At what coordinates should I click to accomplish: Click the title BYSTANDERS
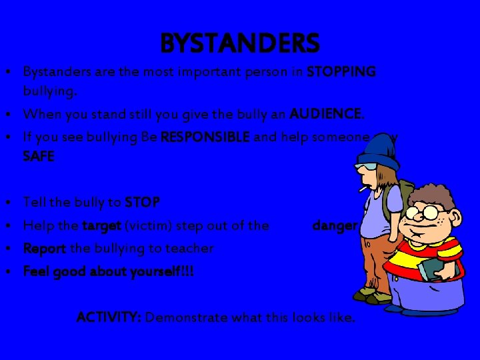click(x=240, y=44)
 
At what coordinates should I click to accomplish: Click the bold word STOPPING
click(x=341, y=71)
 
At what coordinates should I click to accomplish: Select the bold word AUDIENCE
click(x=327, y=115)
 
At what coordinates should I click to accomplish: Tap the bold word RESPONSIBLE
click(x=205, y=137)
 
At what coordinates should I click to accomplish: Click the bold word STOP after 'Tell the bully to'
click(x=142, y=201)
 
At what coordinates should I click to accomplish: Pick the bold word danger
click(x=335, y=225)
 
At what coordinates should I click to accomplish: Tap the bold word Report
click(x=44, y=248)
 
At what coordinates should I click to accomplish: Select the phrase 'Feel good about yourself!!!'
click(x=108, y=271)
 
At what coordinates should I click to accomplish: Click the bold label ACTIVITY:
click(x=109, y=317)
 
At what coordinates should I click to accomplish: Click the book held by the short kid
click(x=433, y=269)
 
